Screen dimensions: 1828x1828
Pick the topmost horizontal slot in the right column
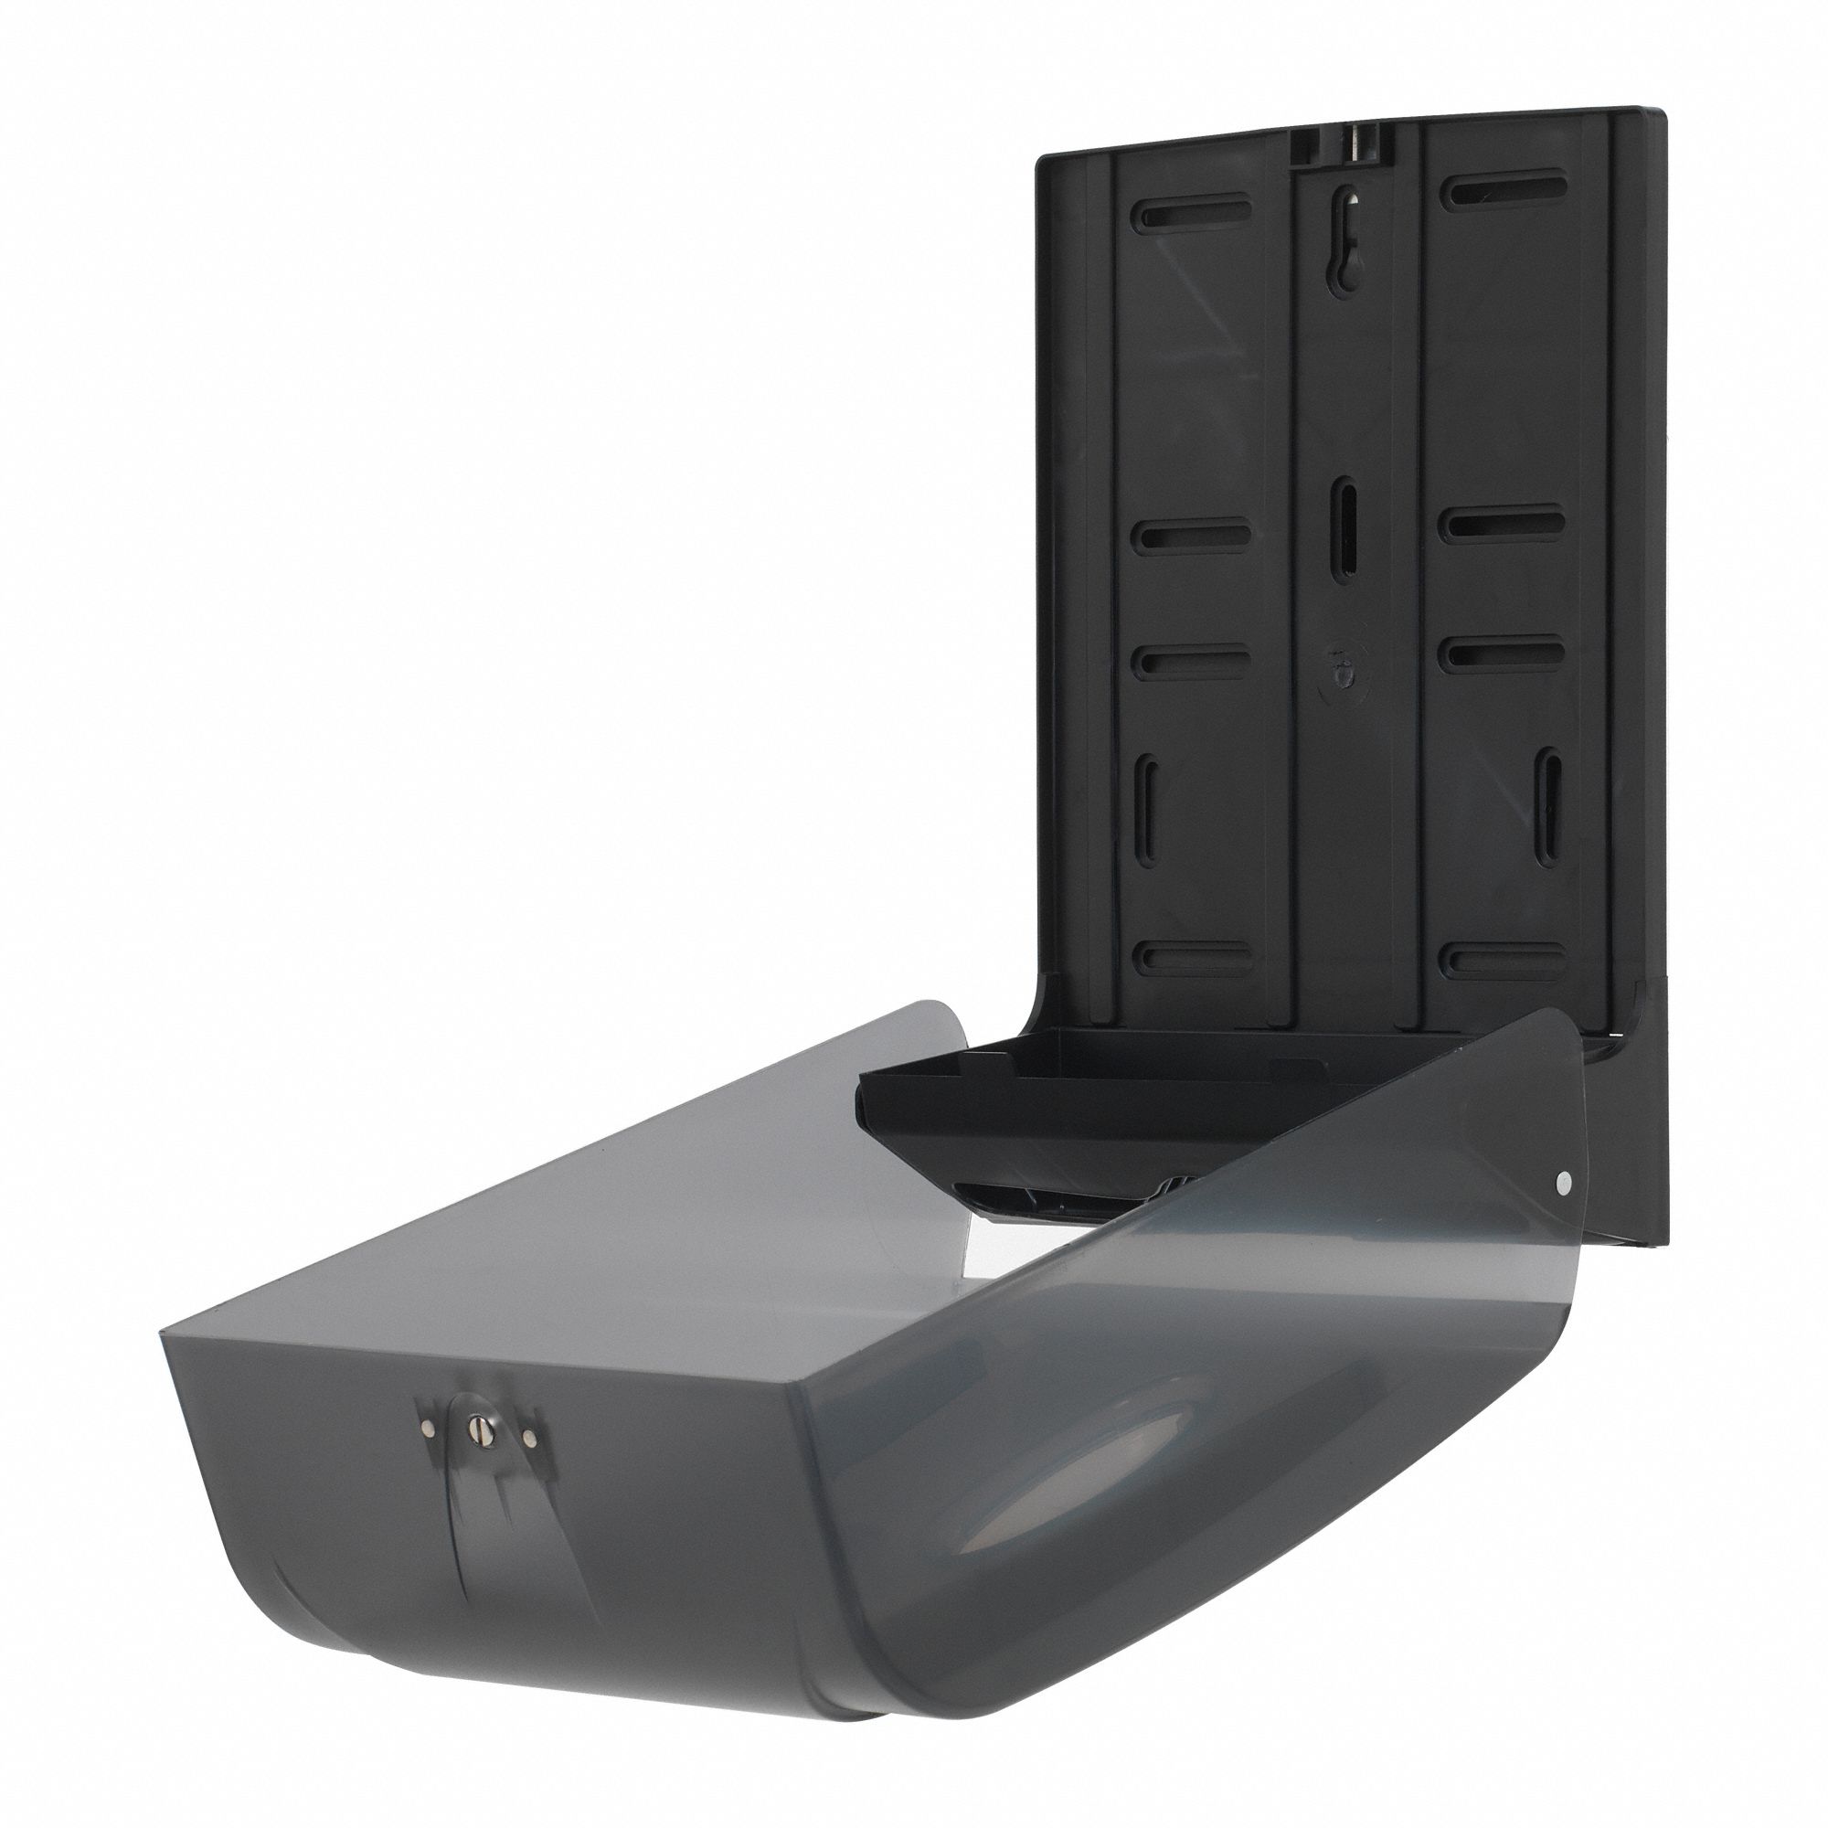click(x=1508, y=188)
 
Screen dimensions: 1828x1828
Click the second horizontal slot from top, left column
click(x=1194, y=536)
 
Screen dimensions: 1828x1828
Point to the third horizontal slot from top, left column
click(x=1194, y=660)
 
